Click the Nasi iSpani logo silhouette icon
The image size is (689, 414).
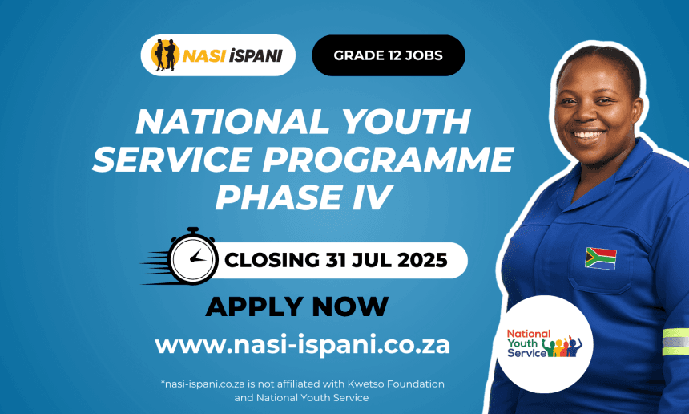pyautogui.click(x=165, y=55)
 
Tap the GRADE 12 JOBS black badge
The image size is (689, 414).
pyautogui.click(x=389, y=55)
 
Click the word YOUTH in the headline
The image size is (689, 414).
pyautogui.click(x=405, y=121)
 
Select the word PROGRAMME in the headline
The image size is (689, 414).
pyautogui.click(x=388, y=159)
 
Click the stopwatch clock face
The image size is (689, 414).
pyautogui.click(x=193, y=259)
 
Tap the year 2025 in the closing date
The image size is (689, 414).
pyautogui.click(x=422, y=260)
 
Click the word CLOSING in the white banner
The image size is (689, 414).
pyautogui.click(x=272, y=260)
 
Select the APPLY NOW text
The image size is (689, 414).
pyautogui.click(x=297, y=306)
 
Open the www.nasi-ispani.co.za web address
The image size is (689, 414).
pyautogui.click(x=302, y=345)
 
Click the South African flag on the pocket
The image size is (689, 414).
pyautogui.click(x=601, y=258)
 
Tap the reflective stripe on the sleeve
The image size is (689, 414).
pyautogui.click(x=675, y=342)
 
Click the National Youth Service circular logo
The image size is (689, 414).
pyautogui.click(x=545, y=344)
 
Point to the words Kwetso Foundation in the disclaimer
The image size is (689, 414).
pyautogui.click(x=396, y=384)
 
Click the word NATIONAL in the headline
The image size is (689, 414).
pyautogui.click(x=232, y=121)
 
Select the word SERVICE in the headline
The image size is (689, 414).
pyautogui.click(x=172, y=159)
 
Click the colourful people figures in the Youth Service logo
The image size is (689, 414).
pyautogui.click(x=562, y=347)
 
